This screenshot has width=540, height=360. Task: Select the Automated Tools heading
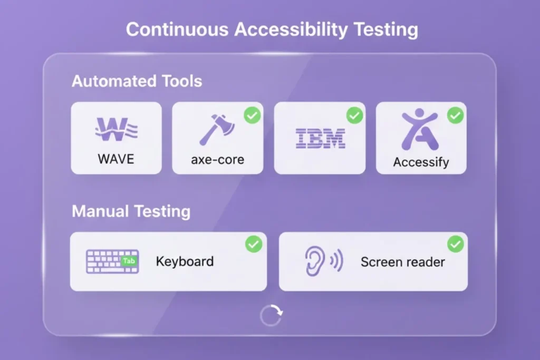[x=137, y=82]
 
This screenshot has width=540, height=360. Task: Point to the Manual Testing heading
[x=131, y=211]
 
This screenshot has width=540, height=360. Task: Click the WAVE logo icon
[x=116, y=130]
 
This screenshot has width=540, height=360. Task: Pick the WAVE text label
[x=116, y=158]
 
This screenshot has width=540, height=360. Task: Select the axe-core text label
[x=217, y=159]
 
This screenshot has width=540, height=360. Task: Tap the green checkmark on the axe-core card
[x=253, y=115]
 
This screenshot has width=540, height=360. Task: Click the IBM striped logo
[x=320, y=138]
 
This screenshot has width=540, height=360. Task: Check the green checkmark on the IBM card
[x=354, y=115]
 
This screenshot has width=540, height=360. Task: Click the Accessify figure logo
[x=419, y=130]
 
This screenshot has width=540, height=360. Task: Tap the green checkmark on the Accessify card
[x=455, y=115]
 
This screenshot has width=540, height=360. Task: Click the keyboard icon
[x=112, y=261]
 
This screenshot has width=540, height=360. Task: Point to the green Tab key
[x=129, y=261]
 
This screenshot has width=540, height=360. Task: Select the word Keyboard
[x=185, y=261]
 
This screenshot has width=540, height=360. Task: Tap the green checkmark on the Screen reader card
[x=455, y=244]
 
